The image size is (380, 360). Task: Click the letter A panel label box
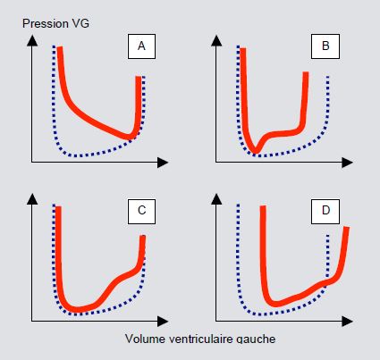(141, 46)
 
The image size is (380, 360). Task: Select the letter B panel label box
(325, 46)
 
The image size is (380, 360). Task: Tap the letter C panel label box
(141, 211)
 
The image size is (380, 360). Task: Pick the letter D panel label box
(325, 211)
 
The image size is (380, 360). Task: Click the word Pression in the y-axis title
(41, 23)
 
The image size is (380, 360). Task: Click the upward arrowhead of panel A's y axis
(32, 40)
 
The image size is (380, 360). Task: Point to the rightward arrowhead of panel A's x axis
(163, 163)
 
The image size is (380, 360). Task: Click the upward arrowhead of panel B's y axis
(216, 40)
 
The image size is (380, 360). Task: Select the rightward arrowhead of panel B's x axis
(347, 163)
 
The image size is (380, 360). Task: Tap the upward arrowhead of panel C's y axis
(32, 199)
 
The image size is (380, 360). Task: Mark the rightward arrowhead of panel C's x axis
(163, 321)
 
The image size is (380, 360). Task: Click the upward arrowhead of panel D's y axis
(216, 199)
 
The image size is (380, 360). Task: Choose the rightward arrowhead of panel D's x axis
(347, 321)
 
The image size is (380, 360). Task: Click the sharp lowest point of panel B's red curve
(256, 151)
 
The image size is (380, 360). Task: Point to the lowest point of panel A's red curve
(130, 138)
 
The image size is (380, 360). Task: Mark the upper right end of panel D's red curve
(346, 228)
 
